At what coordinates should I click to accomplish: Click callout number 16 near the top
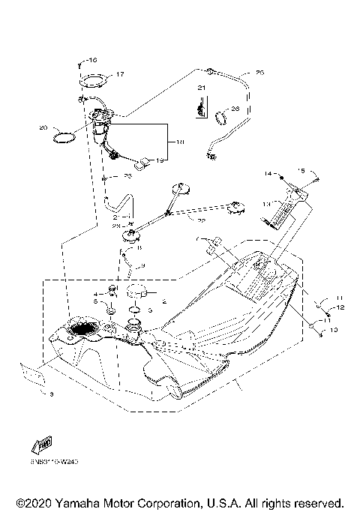click(x=93, y=59)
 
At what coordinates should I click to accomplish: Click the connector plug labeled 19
click(x=145, y=160)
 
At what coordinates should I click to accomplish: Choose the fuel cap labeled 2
click(x=137, y=292)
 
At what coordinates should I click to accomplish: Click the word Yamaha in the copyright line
click(x=79, y=502)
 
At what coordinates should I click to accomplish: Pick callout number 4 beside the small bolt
click(x=96, y=294)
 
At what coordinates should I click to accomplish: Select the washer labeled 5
click(x=110, y=309)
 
